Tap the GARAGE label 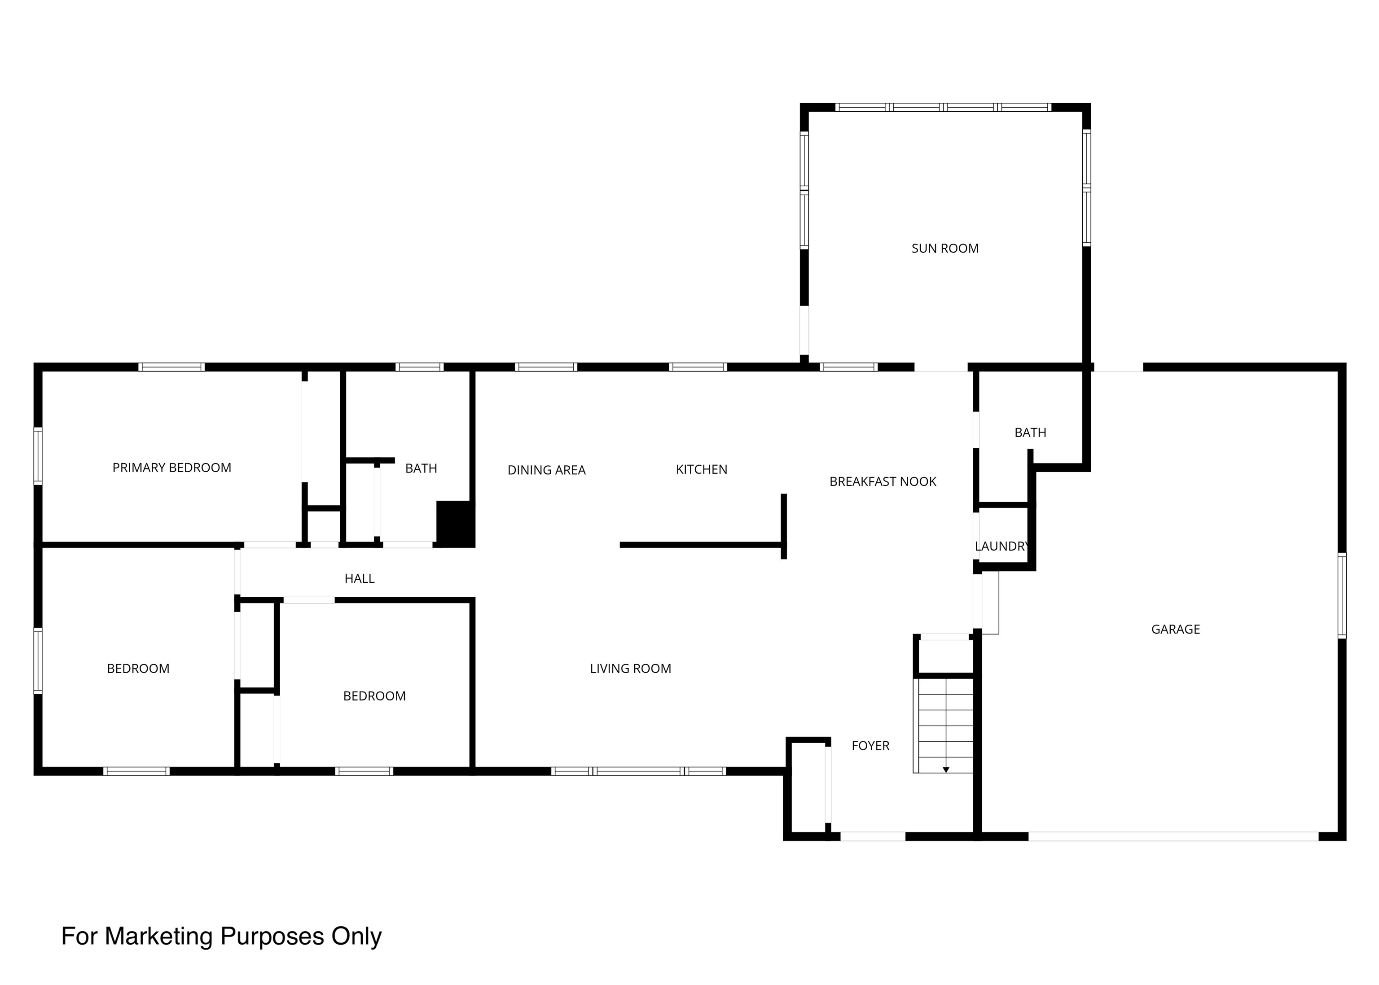[1175, 629]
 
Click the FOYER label [870, 745]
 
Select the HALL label [359, 578]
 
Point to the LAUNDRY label [1001, 546]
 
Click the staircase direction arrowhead [946, 770]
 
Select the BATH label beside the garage [1030, 433]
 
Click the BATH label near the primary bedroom [421, 468]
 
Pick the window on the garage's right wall [1342, 595]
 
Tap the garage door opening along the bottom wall [1173, 836]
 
